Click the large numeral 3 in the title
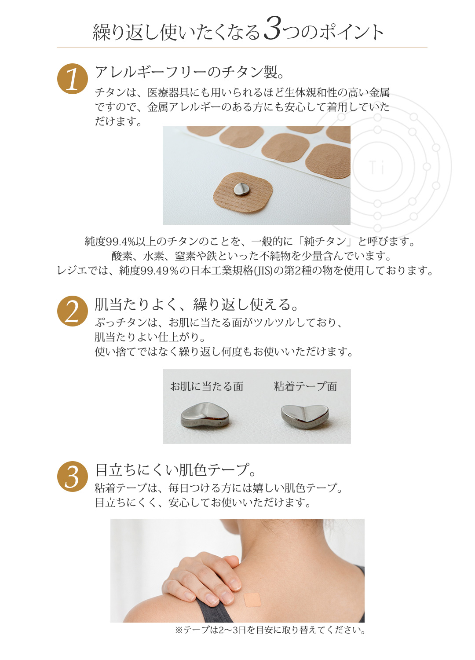click(x=272, y=29)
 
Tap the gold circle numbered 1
click(x=73, y=79)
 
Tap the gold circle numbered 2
click(x=73, y=311)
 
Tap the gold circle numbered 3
click(x=73, y=477)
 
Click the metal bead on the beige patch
click(x=241, y=190)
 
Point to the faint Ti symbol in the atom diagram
click(x=377, y=168)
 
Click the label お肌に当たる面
click(x=207, y=386)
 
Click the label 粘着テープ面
click(x=305, y=386)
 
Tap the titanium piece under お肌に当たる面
click(x=205, y=416)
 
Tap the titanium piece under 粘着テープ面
click(x=305, y=416)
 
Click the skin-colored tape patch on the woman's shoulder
click(x=252, y=600)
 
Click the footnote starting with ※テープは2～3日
click(x=270, y=630)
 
